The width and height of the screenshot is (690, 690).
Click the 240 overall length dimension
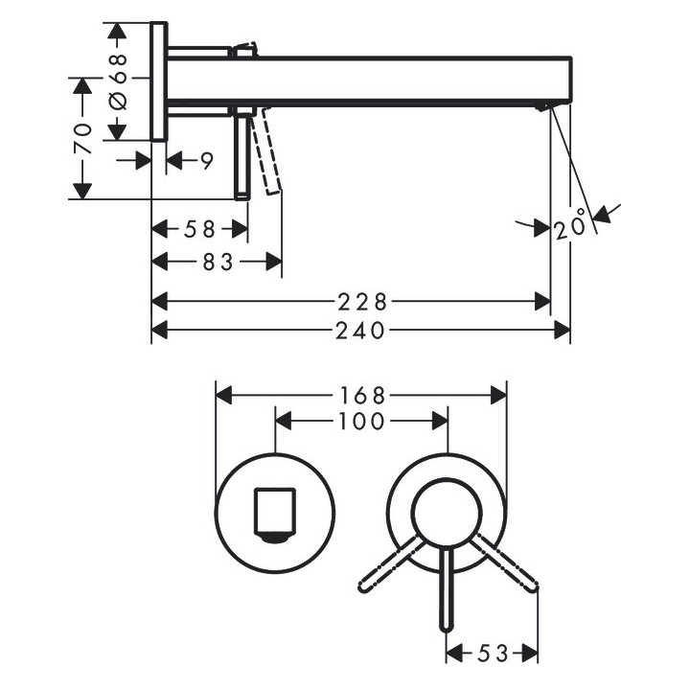[x=361, y=331]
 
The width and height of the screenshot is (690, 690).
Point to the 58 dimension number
[x=201, y=230]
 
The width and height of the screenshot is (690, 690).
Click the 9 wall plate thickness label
[x=206, y=161]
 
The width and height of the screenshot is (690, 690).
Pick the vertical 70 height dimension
[x=83, y=138]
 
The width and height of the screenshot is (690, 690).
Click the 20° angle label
[x=570, y=228]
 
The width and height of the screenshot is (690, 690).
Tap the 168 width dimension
[x=361, y=395]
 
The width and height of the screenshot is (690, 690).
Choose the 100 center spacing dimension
[x=361, y=421]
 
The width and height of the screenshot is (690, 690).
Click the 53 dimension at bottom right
[x=494, y=654]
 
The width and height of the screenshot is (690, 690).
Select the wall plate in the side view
[x=158, y=80]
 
